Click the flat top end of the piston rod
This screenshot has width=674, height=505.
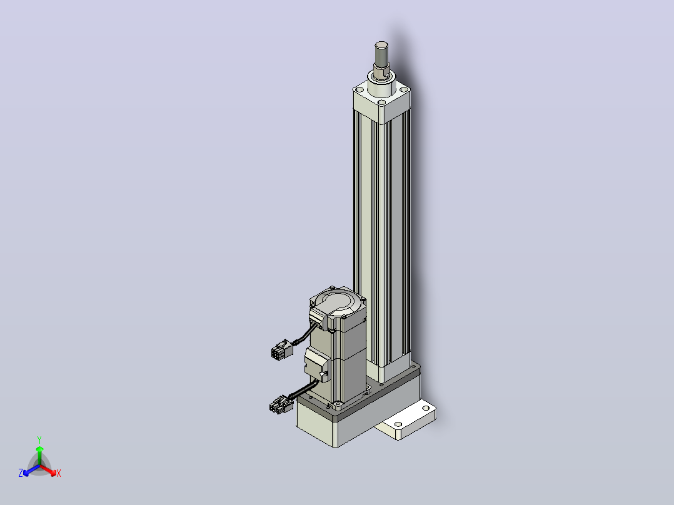[381, 44]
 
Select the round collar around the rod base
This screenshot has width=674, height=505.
[381, 84]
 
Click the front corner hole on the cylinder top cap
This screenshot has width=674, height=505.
[381, 102]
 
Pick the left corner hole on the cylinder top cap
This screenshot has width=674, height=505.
[360, 89]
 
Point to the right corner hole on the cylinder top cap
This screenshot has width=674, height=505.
[404, 89]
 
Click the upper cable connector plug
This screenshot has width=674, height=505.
[281, 349]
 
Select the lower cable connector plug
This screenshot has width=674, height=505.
[281, 405]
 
